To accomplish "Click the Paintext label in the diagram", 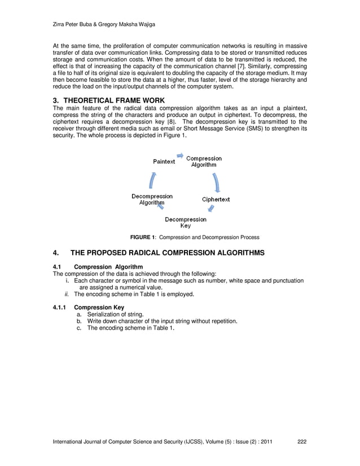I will (x=164, y=161).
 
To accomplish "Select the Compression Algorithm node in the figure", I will (x=204, y=162).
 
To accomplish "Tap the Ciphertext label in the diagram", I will (x=216, y=200).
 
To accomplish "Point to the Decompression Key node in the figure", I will (x=185, y=222).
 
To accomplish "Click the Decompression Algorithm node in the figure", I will (x=152, y=200).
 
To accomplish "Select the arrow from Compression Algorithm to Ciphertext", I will (x=217, y=182).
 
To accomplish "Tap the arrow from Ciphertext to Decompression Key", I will (x=211, y=210).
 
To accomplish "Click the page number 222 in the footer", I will (x=302, y=449).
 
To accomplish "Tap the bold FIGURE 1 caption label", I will (x=143, y=237).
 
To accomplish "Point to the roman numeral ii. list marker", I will (x=68, y=294).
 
